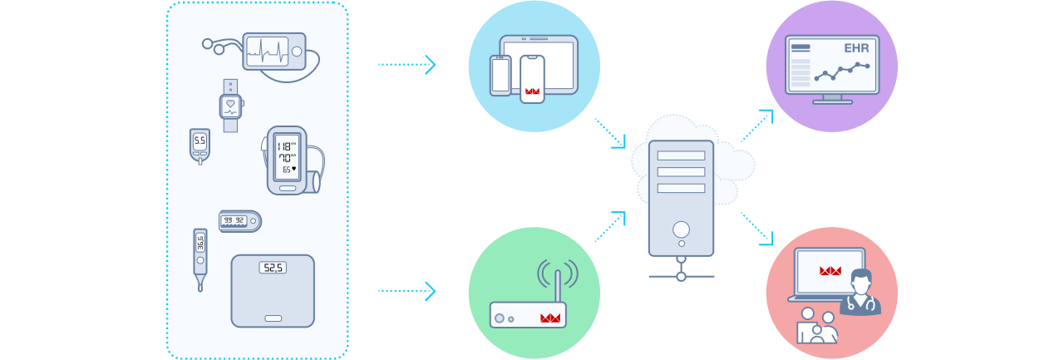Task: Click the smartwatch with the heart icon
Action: [230, 106]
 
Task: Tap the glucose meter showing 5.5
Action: [199, 145]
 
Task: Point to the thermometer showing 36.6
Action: [199, 254]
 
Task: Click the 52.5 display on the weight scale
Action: [272, 268]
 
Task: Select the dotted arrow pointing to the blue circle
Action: [406, 64]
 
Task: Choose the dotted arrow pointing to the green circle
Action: [406, 291]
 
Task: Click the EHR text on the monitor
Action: [856, 49]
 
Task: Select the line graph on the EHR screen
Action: [842, 72]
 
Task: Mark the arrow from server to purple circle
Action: [757, 125]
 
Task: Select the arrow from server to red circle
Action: [757, 229]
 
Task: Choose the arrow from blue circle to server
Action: [610, 133]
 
